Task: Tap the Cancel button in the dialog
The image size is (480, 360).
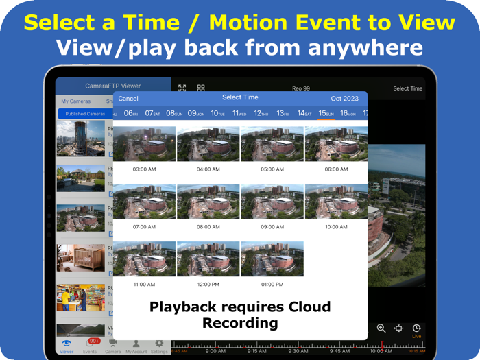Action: tap(128, 99)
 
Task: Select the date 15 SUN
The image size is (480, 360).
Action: tap(326, 113)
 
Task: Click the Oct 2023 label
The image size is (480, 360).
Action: tap(344, 99)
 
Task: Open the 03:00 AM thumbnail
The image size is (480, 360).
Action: tap(144, 144)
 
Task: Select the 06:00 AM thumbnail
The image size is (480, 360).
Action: tap(336, 144)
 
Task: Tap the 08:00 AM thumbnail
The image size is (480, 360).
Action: tap(208, 202)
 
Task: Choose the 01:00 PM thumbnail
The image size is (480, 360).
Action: tap(272, 259)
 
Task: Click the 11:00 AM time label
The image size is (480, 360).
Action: tap(144, 284)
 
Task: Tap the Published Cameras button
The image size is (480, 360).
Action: tap(86, 114)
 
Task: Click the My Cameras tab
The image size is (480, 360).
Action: tap(75, 101)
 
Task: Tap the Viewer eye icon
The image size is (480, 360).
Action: tap(67, 344)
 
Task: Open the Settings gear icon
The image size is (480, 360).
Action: tap(159, 344)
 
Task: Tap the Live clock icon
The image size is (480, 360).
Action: tap(416, 329)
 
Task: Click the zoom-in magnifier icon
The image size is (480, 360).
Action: tap(381, 329)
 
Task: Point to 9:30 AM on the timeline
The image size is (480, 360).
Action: tap(298, 351)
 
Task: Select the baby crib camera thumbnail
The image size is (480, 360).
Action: tap(80, 259)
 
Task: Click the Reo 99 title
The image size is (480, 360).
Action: tap(301, 88)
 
